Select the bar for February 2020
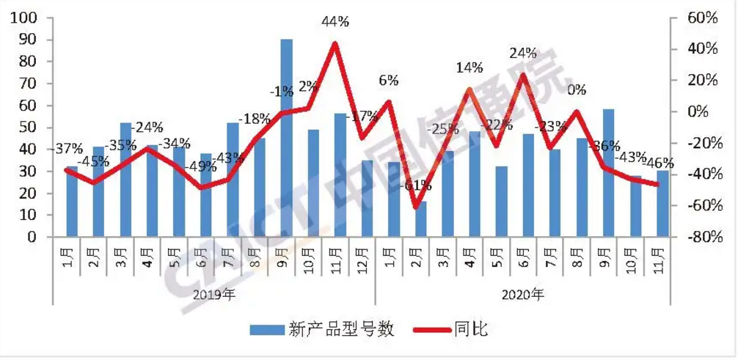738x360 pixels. (x=420, y=218)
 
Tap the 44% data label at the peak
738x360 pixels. (x=335, y=21)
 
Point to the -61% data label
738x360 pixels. (x=415, y=185)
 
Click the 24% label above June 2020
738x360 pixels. (x=523, y=54)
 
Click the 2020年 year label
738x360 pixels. (x=523, y=295)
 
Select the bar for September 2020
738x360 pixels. (x=608, y=173)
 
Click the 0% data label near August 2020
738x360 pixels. (x=577, y=90)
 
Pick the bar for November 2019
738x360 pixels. (x=340, y=175)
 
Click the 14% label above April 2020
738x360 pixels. (x=470, y=68)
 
